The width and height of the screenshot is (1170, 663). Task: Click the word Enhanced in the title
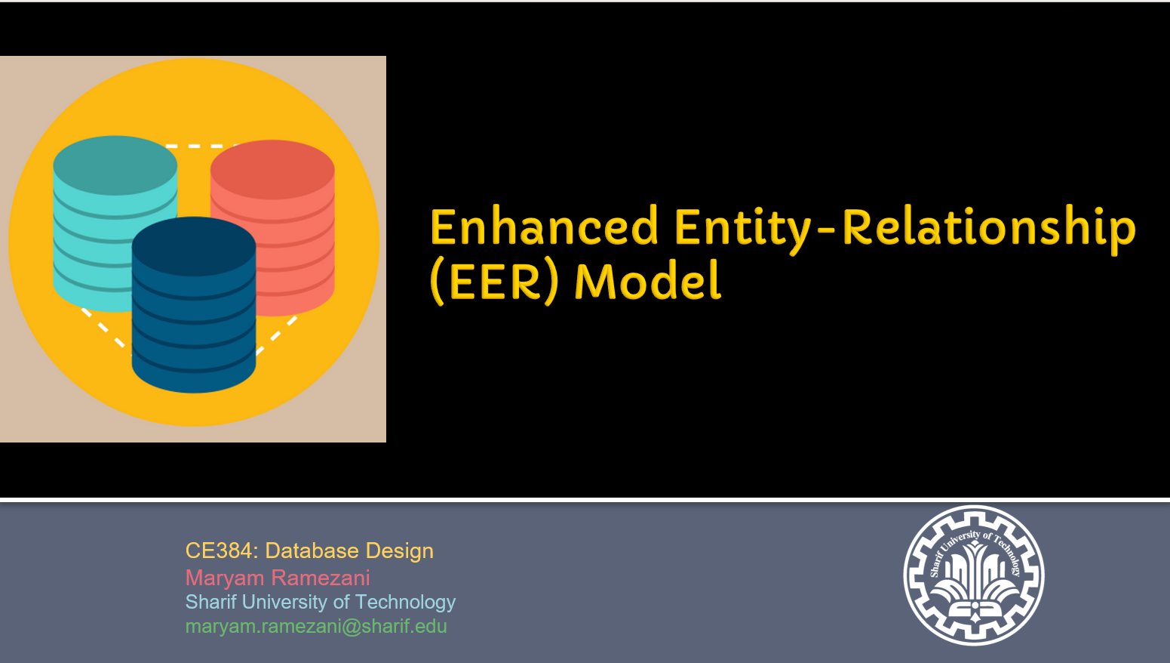(544, 227)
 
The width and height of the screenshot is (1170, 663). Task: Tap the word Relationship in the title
(989, 230)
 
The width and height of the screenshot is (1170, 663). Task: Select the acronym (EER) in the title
(494, 282)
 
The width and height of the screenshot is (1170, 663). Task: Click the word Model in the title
(648, 281)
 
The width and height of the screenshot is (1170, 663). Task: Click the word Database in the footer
(312, 550)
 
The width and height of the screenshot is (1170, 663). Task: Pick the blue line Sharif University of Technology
(320, 603)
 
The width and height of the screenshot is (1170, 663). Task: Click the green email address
(316, 627)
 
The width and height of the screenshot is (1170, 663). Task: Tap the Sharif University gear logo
(974, 575)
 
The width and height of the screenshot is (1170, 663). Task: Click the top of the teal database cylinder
(115, 165)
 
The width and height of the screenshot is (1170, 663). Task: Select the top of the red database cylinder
(272, 169)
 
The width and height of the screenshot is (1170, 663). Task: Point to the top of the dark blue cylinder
(194, 246)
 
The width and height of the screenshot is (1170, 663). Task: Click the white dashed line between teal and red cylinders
(201, 146)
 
